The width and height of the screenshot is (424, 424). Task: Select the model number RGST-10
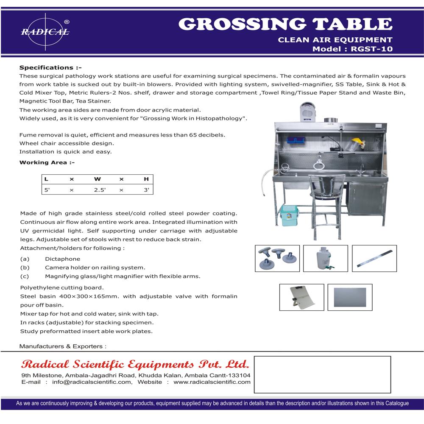pyautogui.click(x=369, y=49)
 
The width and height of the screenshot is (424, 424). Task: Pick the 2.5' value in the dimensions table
pyautogui.click(x=99, y=190)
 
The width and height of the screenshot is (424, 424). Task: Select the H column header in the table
pyautogui.click(x=146, y=179)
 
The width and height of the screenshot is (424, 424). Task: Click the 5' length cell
pyautogui.click(x=47, y=190)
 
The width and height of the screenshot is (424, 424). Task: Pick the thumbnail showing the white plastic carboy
pyautogui.click(x=326, y=258)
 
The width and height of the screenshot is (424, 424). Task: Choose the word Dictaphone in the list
pyautogui.click(x=62, y=259)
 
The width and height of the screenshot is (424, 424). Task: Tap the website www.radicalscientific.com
pyautogui.click(x=212, y=382)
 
